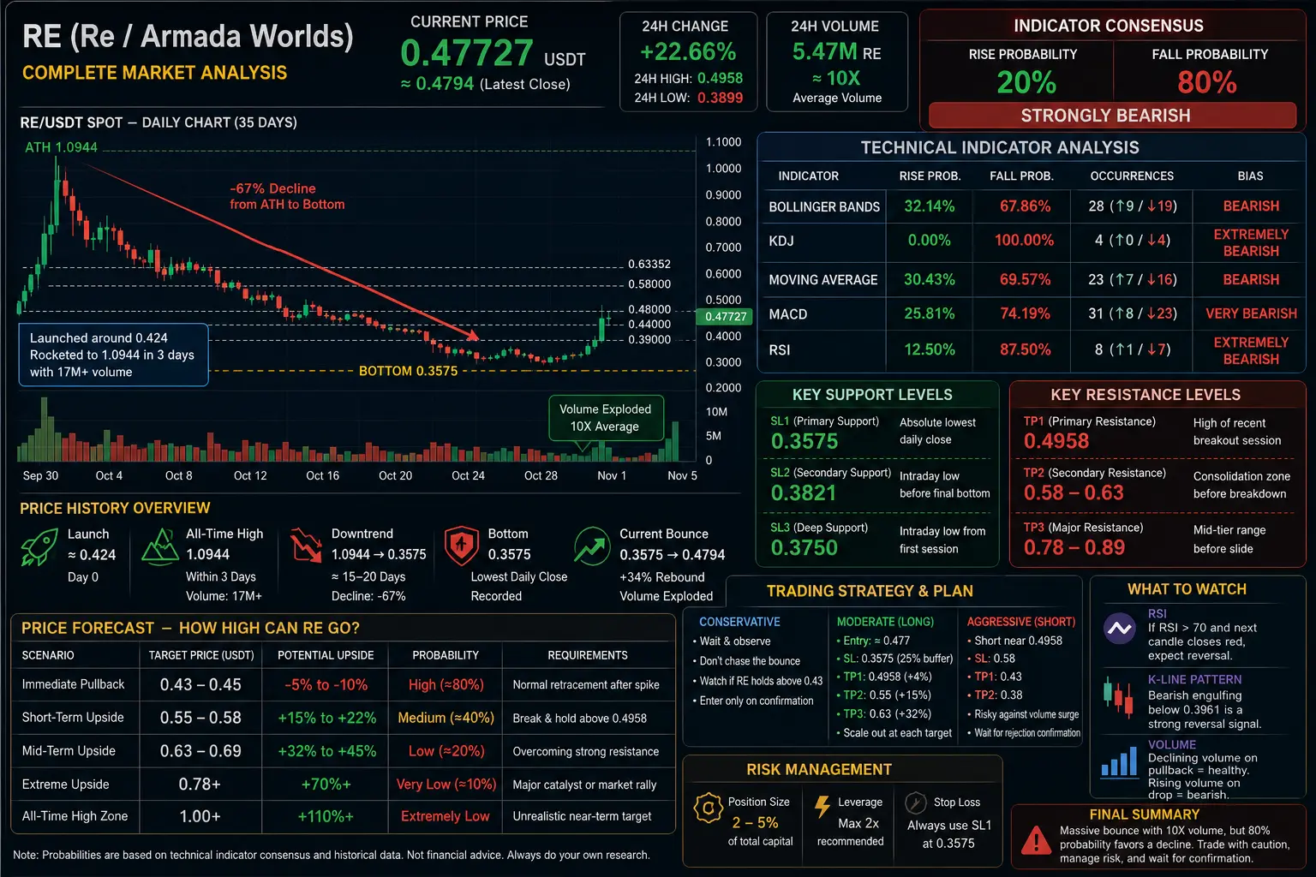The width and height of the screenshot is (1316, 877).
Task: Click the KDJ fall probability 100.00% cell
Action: tap(1024, 241)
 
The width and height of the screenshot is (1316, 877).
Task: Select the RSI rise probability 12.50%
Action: tap(930, 349)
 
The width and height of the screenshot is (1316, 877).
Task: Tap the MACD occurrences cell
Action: tap(1132, 313)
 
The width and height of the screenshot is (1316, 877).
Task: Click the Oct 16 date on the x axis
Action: tap(322, 475)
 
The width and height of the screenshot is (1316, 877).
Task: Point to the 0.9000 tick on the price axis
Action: tap(723, 195)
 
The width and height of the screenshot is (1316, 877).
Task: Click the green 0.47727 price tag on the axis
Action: tap(725, 317)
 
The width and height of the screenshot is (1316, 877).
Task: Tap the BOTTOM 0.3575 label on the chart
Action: tap(408, 371)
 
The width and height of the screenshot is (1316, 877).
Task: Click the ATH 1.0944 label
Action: tap(61, 147)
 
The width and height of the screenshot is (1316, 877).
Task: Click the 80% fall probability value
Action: tap(1206, 82)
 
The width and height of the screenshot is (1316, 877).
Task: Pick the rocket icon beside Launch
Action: tap(40, 546)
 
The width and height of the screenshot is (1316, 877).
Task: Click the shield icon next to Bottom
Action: tap(461, 545)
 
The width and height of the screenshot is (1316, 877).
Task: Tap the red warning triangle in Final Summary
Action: tap(1037, 840)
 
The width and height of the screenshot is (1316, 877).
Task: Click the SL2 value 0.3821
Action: tap(803, 492)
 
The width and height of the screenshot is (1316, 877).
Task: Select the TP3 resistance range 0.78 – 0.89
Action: tap(1074, 547)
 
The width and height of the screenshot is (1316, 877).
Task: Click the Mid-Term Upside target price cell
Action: tap(200, 751)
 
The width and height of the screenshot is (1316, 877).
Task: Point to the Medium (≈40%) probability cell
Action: tap(446, 718)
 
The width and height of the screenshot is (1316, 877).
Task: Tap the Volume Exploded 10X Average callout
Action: tap(605, 418)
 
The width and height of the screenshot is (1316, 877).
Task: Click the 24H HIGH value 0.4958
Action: tap(721, 78)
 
